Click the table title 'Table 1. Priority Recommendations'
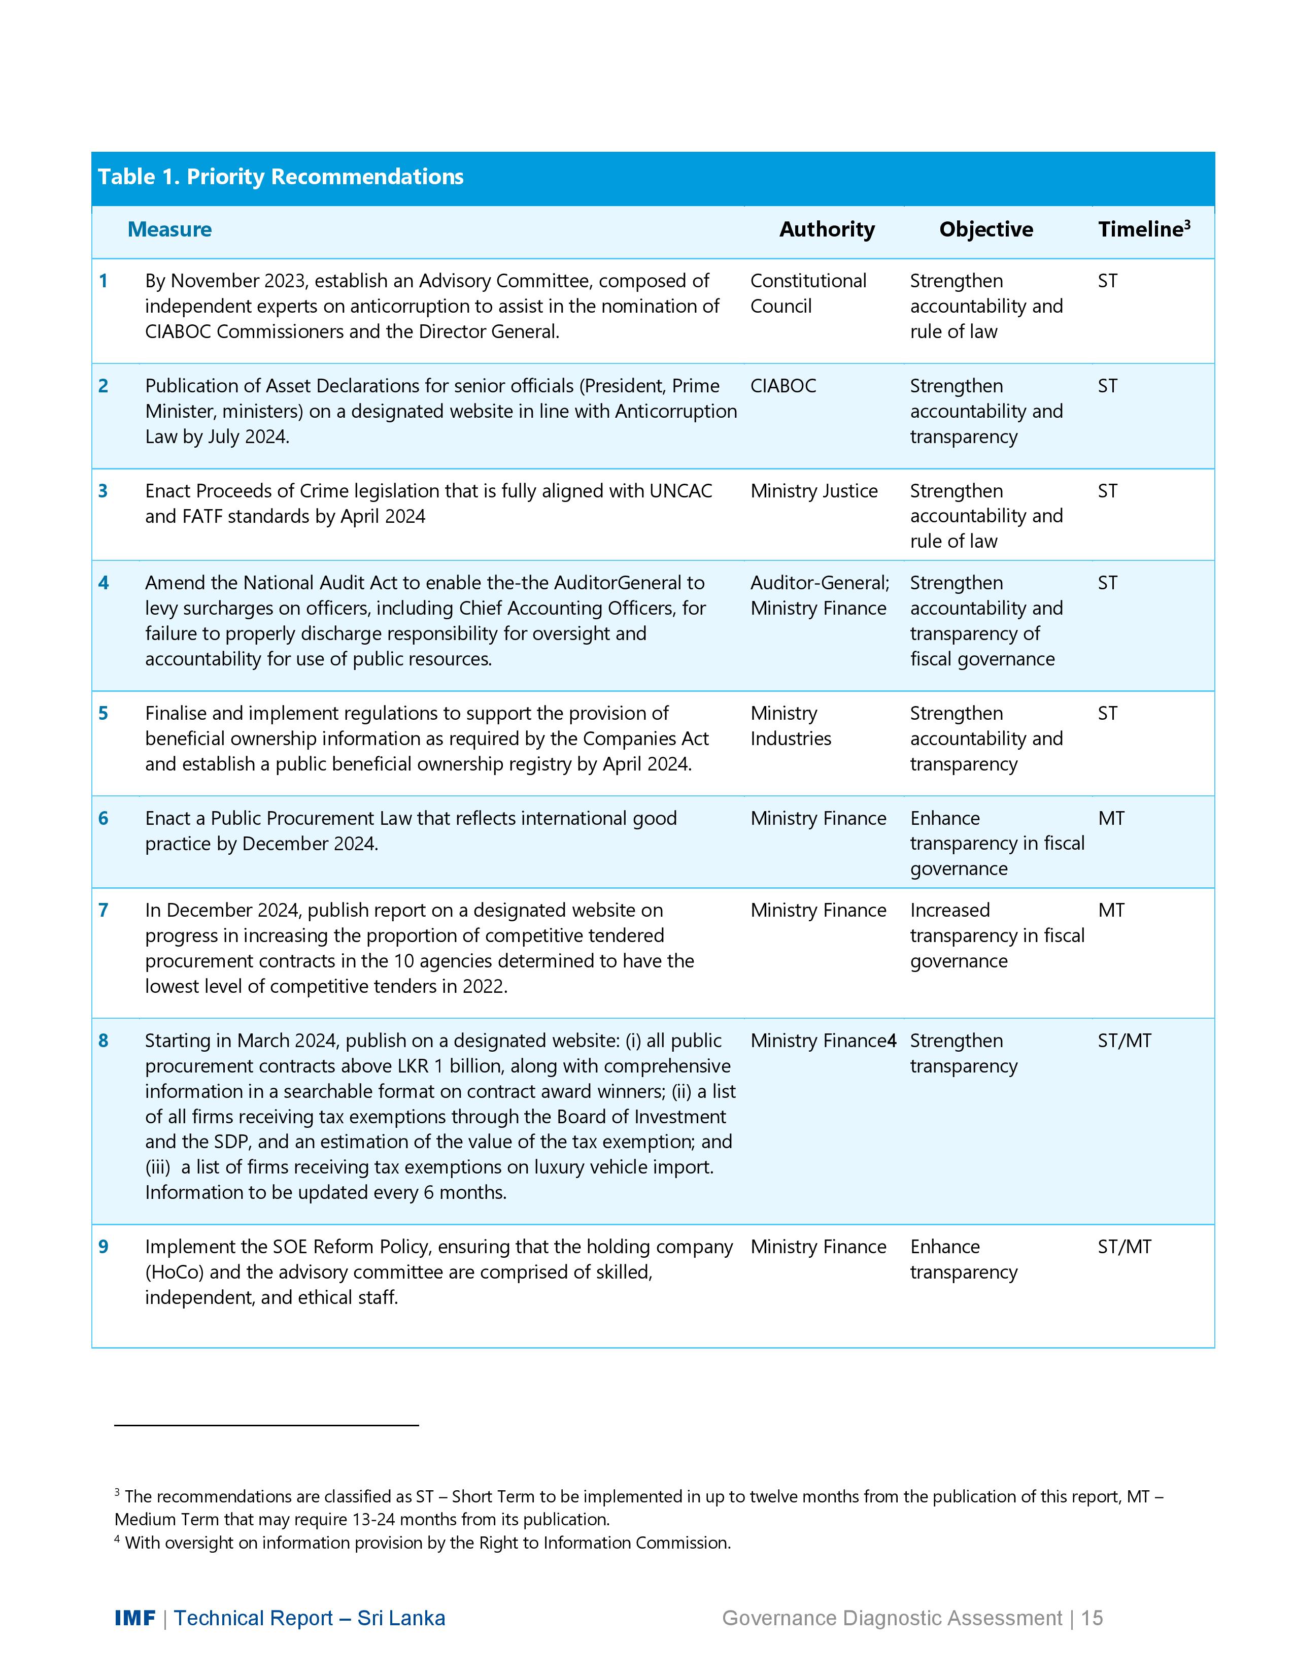pos(281,177)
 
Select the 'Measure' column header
pos(169,229)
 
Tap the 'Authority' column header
pos(826,229)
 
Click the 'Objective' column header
pos(986,229)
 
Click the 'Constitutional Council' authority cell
pos(808,294)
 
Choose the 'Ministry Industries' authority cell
pos(790,726)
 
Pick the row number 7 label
pos(104,911)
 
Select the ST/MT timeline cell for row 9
pos(1124,1247)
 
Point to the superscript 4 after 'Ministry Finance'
pos(892,1041)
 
